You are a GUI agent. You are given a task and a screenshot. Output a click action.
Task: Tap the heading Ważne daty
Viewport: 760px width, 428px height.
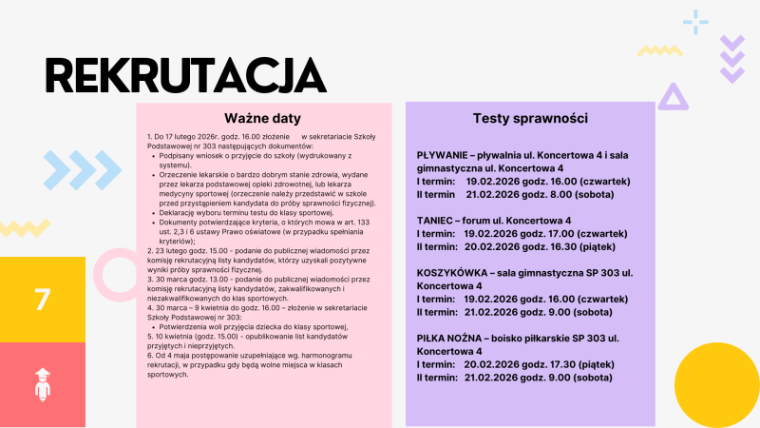tap(263, 119)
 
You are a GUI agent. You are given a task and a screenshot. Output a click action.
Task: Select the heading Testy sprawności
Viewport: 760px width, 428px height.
tap(530, 119)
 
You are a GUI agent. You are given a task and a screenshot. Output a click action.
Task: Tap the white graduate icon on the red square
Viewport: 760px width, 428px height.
tap(42, 385)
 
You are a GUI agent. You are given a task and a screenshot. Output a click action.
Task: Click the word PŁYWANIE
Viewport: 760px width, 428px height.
tap(447, 154)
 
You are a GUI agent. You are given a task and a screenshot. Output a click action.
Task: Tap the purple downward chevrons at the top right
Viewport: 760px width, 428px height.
tap(731, 58)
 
